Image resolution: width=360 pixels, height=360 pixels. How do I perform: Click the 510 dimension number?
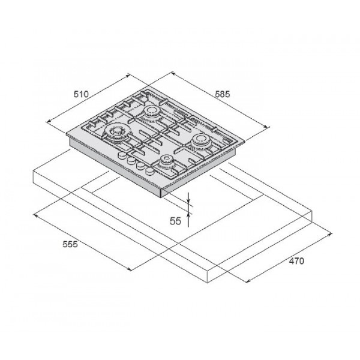pyautogui.click(x=81, y=94)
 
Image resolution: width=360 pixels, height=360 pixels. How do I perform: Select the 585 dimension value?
pyautogui.click(x=222, y=94)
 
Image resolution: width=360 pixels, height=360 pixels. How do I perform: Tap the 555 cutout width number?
pyautogui.click(x=70, y=244)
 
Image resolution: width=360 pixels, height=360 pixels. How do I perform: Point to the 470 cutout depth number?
pyautogui.click(x=296, y=261)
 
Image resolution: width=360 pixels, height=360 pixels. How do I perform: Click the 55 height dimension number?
pyautogui.click(x=175, y=221)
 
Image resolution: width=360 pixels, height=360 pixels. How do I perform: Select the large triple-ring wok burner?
pyautogui.click(x=116, y=132)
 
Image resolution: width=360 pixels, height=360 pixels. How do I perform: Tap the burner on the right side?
pyautogui.click(x=200, y=140)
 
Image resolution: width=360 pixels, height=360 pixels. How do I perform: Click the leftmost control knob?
pyautogui.click(x=122, y=155)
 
